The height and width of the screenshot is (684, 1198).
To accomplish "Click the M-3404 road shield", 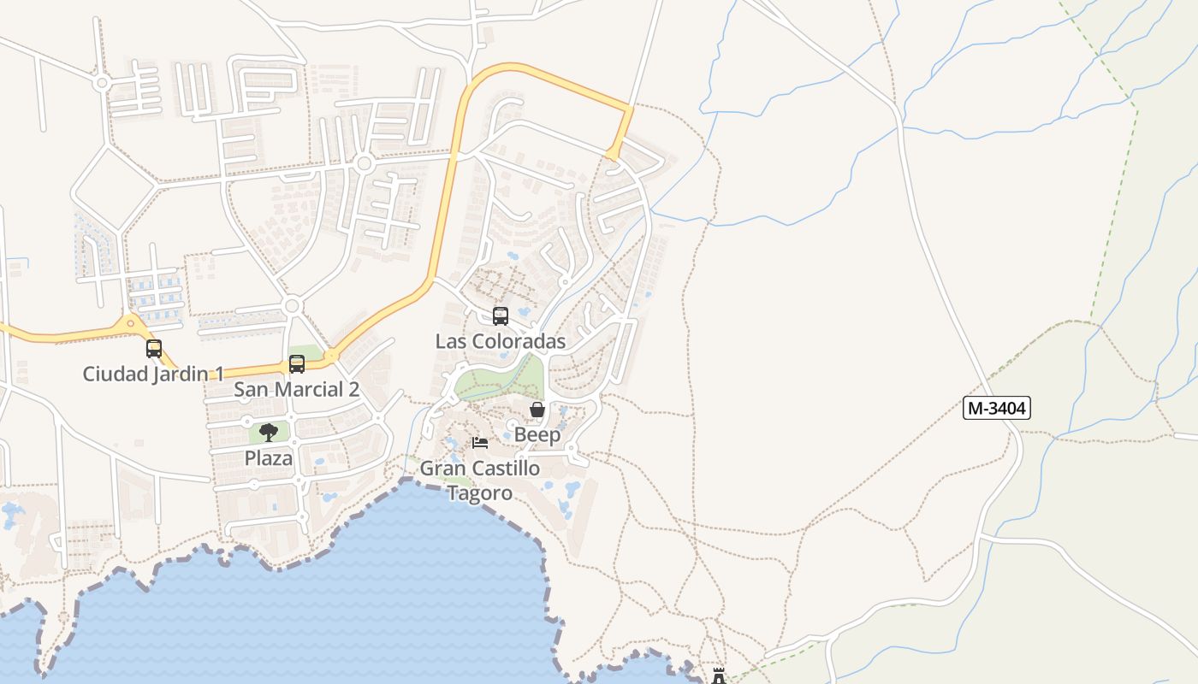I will [x=996, y=408].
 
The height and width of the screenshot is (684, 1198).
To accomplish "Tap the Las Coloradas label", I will [x=501, y=341].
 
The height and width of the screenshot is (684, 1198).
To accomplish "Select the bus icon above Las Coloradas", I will [x=501, y=315].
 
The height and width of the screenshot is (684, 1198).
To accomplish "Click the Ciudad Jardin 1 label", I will [x=153, y=374].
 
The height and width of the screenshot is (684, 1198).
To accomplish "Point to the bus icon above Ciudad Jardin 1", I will [x=154, y=349].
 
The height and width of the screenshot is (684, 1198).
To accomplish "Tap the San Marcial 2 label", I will [x=297, y=390].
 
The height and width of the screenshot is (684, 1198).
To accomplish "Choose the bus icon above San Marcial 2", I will [x=297, y=364].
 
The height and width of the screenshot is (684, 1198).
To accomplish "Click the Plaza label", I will [x=269, y=458].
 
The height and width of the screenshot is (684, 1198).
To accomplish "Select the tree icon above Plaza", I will [x=269, y=432].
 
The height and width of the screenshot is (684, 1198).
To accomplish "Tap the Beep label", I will [x=537, y=434].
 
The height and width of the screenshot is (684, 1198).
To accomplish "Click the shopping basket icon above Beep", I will [x=537, y=410].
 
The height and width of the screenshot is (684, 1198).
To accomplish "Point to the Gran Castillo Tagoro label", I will [x=480, y=481].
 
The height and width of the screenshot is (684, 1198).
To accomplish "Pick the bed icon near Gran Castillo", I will [x=480, y=443].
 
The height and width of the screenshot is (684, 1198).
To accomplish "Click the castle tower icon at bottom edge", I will [x=719, y=676].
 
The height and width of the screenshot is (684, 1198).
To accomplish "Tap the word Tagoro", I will [x=480, y=493].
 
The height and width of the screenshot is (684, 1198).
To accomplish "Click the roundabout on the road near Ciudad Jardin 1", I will [x=130, y=323].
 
